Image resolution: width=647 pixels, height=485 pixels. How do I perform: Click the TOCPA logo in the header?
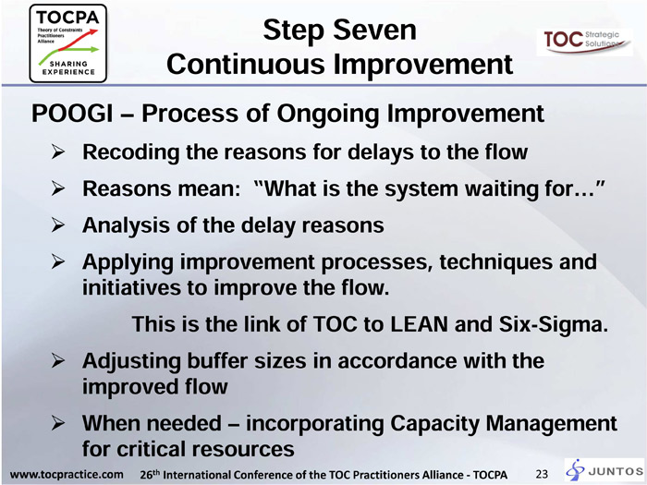pos(68,43)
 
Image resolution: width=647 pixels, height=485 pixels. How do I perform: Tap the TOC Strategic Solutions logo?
pos(584,42)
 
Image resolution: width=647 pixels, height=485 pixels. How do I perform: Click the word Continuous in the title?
pos(246,65)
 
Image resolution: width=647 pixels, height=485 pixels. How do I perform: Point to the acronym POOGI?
pos(72,114)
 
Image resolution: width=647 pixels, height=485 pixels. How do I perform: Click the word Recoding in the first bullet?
pos(131,152)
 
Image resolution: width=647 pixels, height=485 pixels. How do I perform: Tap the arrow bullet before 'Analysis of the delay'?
pos(58,225)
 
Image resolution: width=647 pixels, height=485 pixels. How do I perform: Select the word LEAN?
pos(420,324)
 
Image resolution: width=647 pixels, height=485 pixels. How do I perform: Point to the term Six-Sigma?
pos(554,325)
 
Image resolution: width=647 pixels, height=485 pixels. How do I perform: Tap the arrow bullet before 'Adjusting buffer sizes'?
pos(58,361)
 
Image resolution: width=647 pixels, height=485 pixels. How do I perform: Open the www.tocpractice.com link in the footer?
pos(67,474)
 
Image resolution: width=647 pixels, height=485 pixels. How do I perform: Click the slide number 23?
pos(542,474)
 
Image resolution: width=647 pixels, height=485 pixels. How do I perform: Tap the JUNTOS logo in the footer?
pos(604,470)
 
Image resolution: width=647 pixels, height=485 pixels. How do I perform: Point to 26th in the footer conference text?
pos(150,474)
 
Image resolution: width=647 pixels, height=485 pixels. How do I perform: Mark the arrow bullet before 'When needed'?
pos(58,424)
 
